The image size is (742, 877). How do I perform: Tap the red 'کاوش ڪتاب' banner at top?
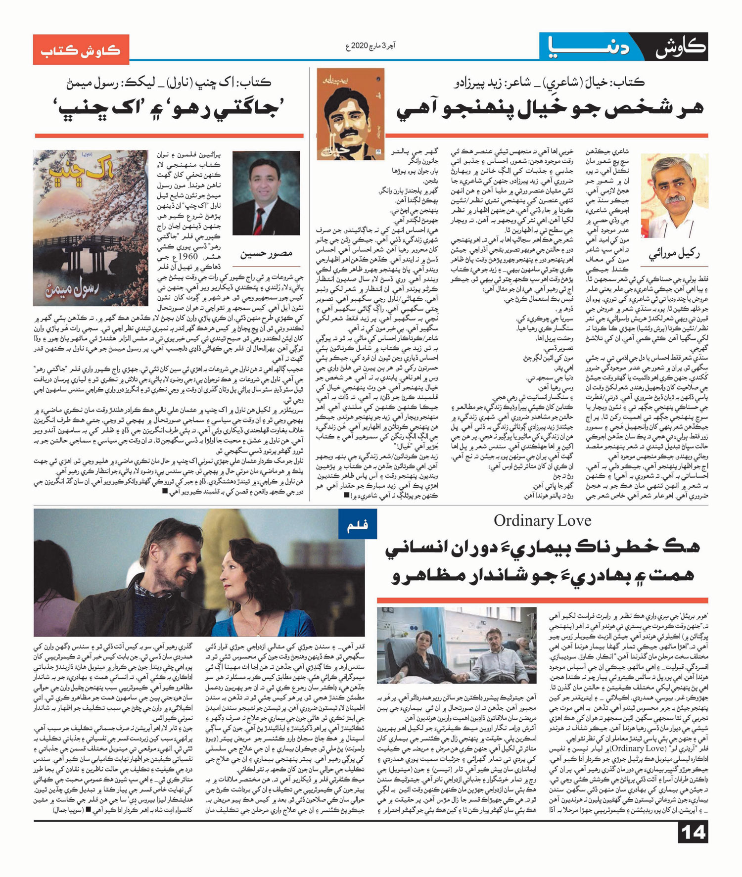[x=81, y=49]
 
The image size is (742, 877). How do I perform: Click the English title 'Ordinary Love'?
[x=542, y=521]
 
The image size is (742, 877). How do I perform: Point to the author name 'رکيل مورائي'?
[x=675, y=254]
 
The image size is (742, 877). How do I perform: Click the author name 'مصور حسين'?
[x=266, y=254]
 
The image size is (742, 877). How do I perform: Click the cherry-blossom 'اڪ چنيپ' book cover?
[x=91, y=228]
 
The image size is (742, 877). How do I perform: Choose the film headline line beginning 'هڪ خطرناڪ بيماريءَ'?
[x=542, y=548]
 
